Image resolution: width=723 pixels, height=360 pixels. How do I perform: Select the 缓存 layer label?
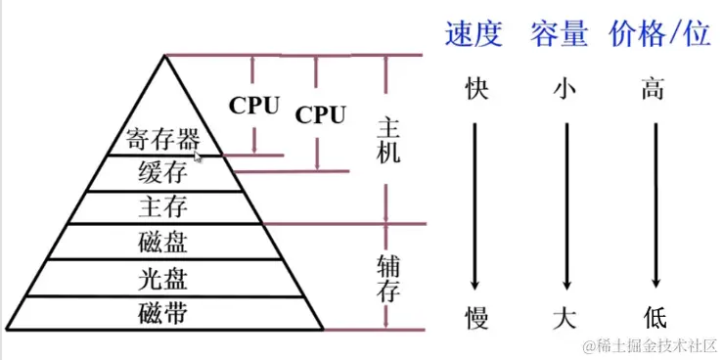(x=162, y=174)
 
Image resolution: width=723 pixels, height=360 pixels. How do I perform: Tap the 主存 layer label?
(x=162, y=207)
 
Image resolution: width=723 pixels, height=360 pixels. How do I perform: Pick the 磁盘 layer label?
(x=162, y=242)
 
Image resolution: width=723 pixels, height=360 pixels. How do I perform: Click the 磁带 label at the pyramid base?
(x=162, y=314)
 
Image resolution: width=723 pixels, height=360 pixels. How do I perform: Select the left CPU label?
(x=254, y=105)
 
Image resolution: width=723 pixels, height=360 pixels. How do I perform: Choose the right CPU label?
(x=320, y=115)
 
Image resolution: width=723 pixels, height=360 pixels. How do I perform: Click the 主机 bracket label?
(x=387, y=142)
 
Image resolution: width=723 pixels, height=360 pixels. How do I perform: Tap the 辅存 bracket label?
(x=387, y=277)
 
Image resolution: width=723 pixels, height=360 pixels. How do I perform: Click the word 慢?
(x=474, y=317)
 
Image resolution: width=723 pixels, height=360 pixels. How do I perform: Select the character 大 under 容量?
(x=564, y=317)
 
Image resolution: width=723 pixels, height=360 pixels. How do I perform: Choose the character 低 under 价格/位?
(x=654, y=317)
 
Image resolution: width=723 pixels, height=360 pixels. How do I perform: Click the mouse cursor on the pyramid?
(x=199, y=156)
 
